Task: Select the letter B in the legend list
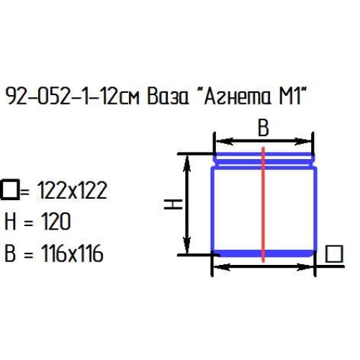[10, 253]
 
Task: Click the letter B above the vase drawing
[263, 128]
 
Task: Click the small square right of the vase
[333, 253]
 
